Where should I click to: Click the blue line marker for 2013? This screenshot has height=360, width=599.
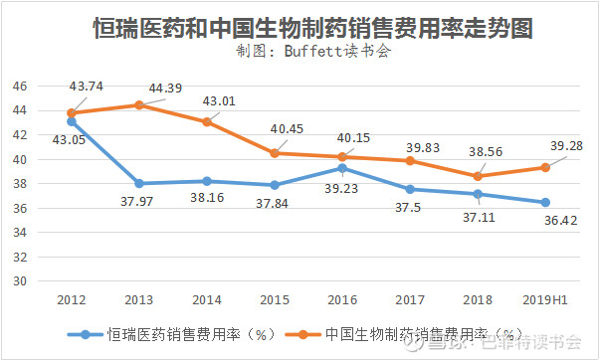(138, 183)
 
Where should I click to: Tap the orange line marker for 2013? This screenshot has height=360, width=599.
(138, 105)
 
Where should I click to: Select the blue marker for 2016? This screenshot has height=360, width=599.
(341, 168)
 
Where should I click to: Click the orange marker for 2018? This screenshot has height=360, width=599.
(478, 176)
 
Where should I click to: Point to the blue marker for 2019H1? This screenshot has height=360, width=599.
(545, 202)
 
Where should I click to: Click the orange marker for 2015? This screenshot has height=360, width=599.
(274, 153)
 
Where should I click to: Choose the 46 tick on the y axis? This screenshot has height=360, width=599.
(19, 87)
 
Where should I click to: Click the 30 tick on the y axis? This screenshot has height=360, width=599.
(19, 280)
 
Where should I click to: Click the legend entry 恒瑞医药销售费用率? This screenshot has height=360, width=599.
(179, 335)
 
